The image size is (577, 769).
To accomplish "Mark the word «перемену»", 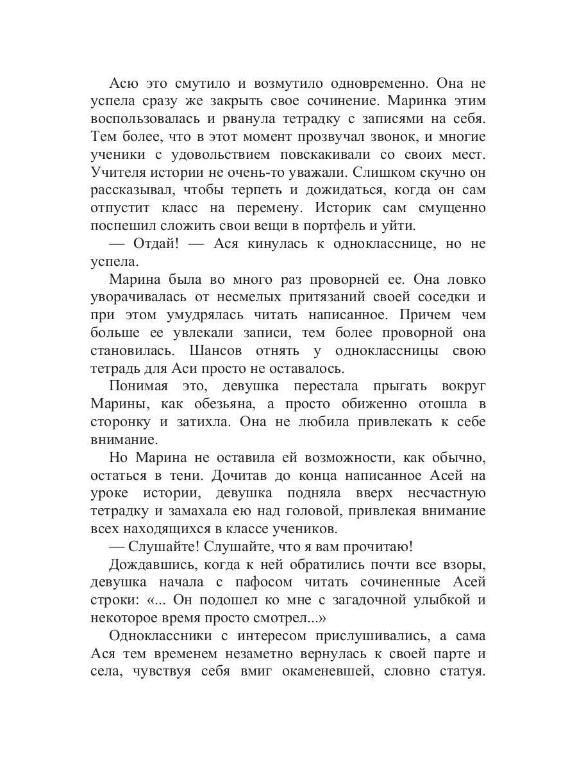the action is [x=322, y=208].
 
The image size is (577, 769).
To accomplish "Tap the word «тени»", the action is [x=213, y=475].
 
